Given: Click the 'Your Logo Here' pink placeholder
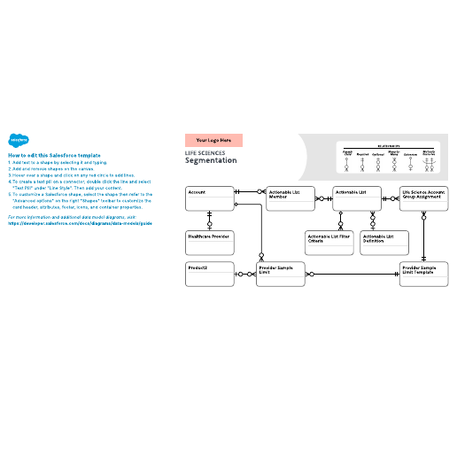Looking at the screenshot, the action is coord(213,140).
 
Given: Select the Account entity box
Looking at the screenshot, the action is coord(208,198).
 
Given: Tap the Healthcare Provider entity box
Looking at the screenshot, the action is coord(208,243).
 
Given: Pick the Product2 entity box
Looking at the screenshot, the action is coord(208,275).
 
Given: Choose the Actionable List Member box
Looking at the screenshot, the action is coord(290,198).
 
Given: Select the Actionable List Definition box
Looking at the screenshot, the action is coord(384,243).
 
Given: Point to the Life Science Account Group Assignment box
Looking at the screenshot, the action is coord(424,198).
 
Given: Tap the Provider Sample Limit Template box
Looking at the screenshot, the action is coord(424,275).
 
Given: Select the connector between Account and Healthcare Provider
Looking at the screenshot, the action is coord(210,221).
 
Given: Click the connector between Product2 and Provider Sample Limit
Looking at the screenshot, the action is coord(244,274).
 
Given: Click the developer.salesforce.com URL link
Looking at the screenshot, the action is coord(81,223).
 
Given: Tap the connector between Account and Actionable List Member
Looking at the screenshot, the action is coord(249,191).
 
